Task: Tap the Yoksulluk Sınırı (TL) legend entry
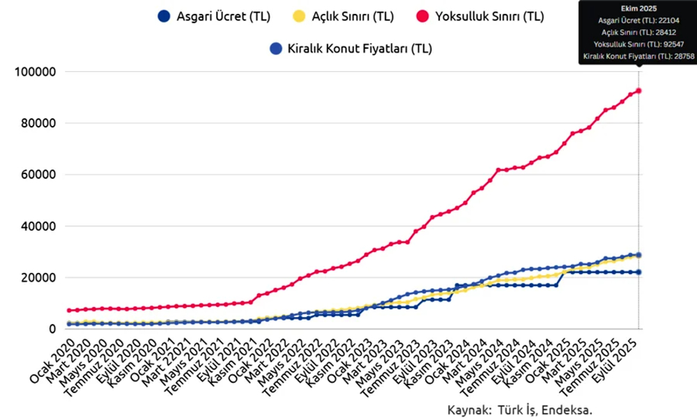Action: (490, 16)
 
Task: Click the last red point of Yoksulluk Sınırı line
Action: (638, 91)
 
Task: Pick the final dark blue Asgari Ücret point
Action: (638, 272)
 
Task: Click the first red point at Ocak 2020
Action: (70, 310)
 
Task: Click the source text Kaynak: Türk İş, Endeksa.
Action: (523, 410)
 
